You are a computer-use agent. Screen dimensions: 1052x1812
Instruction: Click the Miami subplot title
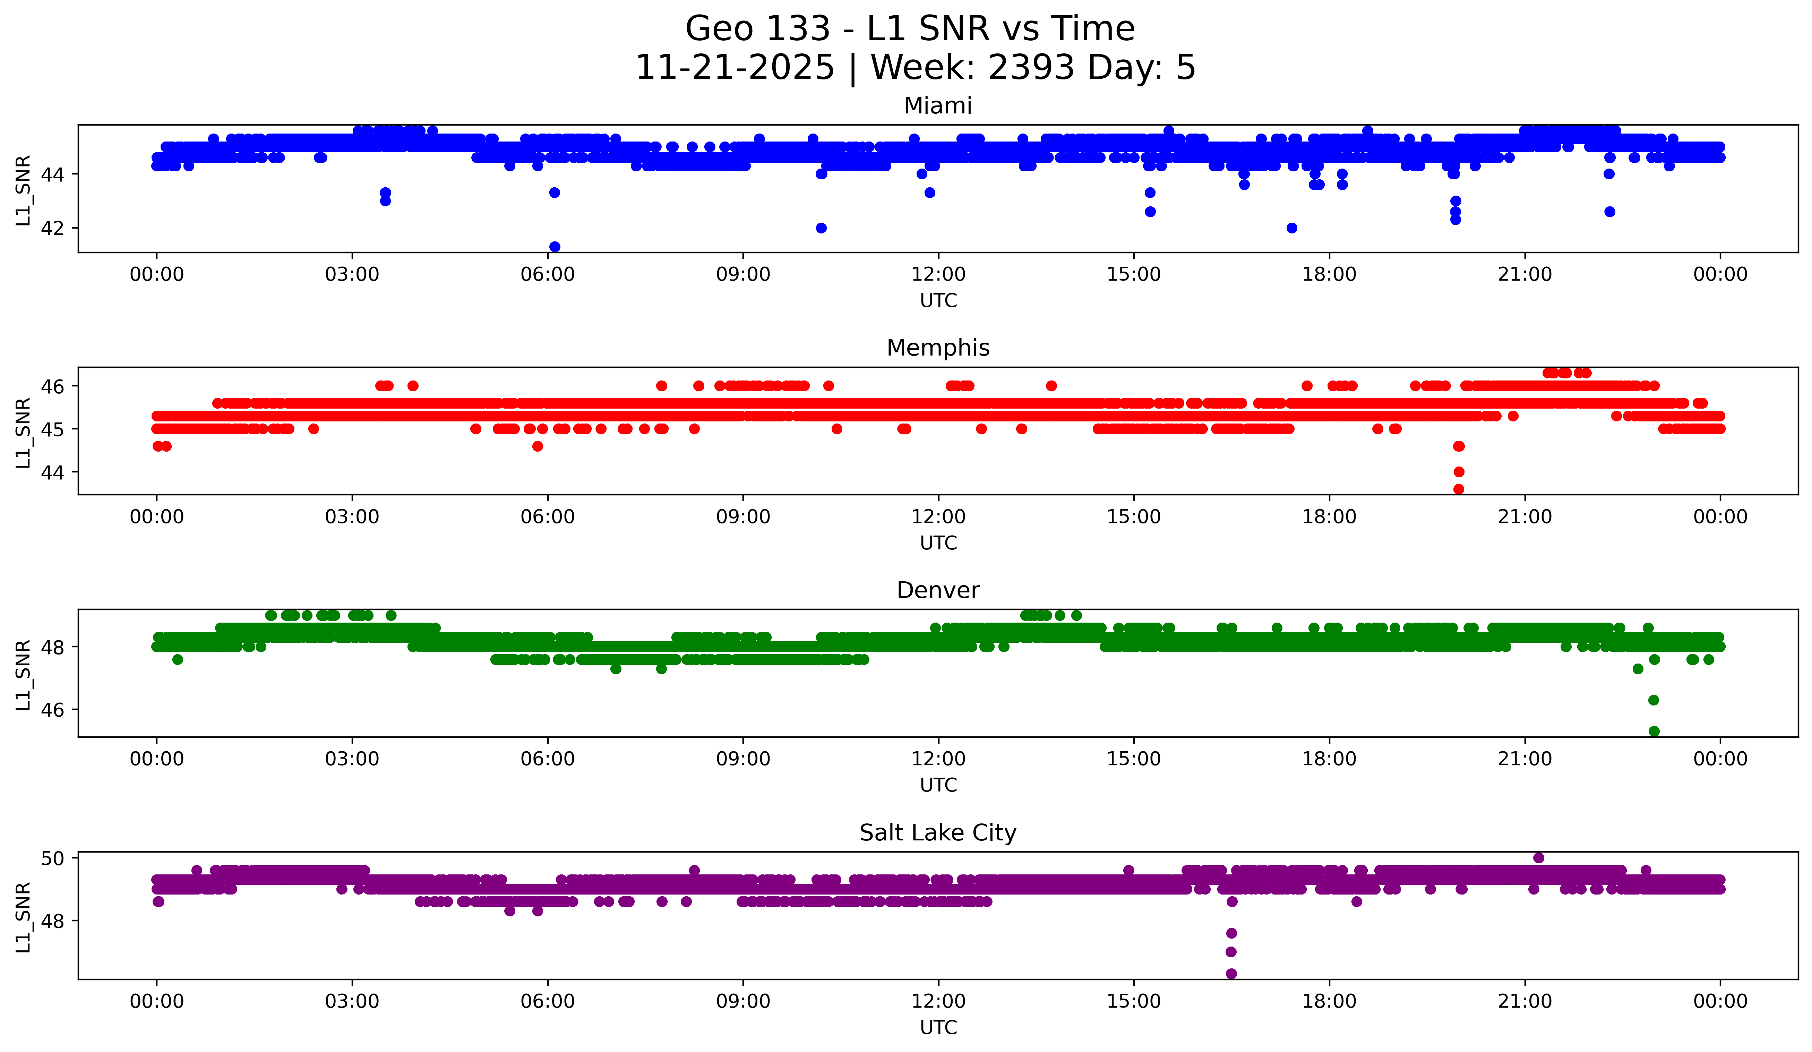pos(938,106)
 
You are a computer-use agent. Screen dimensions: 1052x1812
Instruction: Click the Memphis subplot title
pos(938,348)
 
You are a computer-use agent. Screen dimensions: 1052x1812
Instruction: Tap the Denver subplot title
pos(938,590)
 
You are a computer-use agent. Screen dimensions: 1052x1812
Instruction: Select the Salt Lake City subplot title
pos(938,833)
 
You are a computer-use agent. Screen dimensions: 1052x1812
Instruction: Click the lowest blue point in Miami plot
pos(555,247)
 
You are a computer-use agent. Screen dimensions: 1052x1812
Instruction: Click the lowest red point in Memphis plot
pos(1458,489)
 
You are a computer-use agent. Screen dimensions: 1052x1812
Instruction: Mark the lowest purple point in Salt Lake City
pos(1231,974)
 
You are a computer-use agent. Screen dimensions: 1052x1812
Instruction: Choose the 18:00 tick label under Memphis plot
pos(1329,517)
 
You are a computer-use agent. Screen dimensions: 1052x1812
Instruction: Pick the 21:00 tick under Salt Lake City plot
pos(1525,1002)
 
